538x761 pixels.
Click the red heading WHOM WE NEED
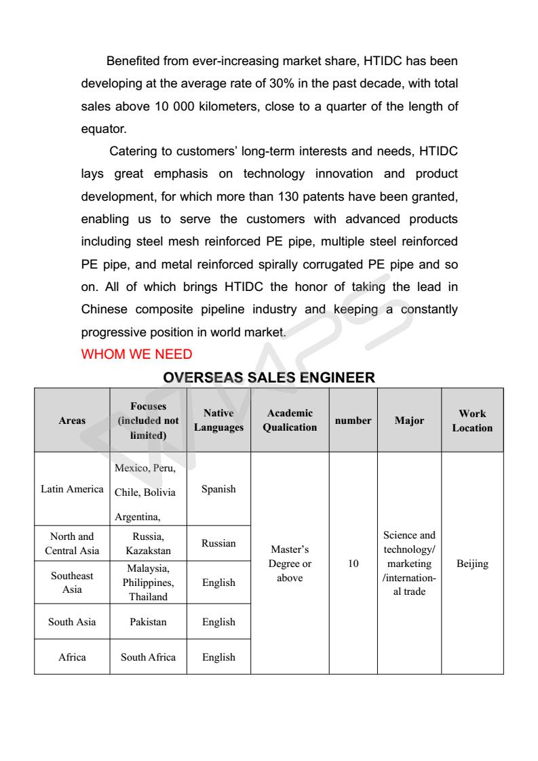click(x=136, y=354)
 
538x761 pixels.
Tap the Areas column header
click(x=72, y=421)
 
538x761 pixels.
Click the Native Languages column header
click(x=218, y=421)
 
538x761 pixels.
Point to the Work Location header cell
click(x=472, y=421)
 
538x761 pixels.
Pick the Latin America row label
click(x=72, y=489)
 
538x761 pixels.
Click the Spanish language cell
click(x=218, y=489)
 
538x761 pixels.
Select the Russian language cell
click(x=218, y=543)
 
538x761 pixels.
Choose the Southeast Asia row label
click(x=72, y=583)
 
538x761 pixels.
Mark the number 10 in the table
click(x=353, y=564)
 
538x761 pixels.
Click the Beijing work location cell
click(x=472, y=564)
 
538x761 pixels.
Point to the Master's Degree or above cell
click(x=290, y=564)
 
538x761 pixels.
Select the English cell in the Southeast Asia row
click(x=218, y=583)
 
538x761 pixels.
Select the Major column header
click(x=409, y=421)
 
